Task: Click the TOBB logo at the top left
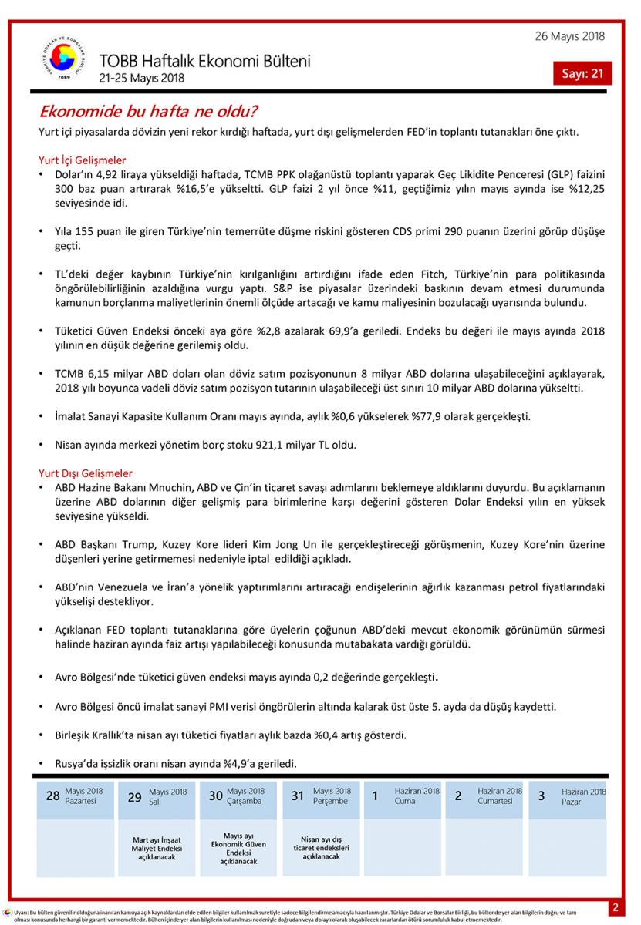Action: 62,60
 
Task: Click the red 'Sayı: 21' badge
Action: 582,73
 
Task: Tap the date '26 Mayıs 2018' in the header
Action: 569,36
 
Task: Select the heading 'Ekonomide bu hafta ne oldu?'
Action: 148,112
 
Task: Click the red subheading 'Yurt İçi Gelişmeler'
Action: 83,160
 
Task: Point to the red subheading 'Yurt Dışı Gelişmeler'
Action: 86,473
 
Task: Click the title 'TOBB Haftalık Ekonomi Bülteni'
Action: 204,61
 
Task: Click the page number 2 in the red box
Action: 616,907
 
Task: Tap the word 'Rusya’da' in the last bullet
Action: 77,764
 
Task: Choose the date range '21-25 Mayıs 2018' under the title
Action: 142,78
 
